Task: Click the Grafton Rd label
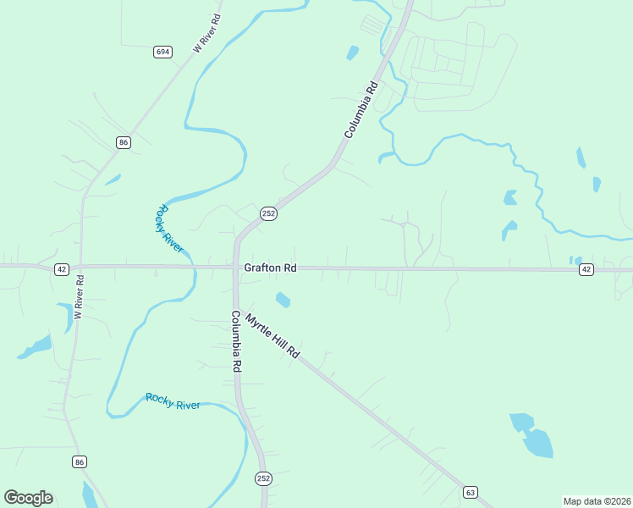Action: [270, 268]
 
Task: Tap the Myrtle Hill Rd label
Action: [272, 336]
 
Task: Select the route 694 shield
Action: [162, 52]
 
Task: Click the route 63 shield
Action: [471, 492]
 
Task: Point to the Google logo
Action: [28, 498]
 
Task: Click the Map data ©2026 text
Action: [597, 500]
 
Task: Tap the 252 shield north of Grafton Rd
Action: [268, 214]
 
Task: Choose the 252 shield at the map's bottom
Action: [263, 478]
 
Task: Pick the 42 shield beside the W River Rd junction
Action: [61, 269]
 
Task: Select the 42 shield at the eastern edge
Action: [586, 269]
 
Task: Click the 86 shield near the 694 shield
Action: [124, 142]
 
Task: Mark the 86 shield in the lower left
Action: [80, 461]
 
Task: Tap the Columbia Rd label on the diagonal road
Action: [360, 109]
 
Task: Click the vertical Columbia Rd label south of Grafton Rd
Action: [237, 341]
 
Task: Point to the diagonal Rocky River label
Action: [169, 228]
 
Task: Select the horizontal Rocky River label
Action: [173, 400]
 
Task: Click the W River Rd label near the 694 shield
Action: [206, 33]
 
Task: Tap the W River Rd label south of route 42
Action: [78, 296]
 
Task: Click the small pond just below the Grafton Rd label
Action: [283, 299]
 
